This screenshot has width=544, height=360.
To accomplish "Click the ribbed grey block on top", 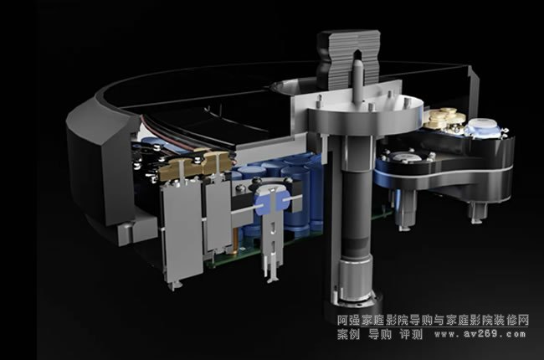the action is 349,59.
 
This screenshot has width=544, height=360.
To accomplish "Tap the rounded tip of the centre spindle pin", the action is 357,63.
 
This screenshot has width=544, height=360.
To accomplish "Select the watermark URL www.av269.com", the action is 480,334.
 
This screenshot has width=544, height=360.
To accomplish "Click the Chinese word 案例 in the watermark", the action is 349,334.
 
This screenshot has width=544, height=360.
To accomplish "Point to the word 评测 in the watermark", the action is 411,334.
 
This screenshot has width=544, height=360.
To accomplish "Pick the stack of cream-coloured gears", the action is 444,118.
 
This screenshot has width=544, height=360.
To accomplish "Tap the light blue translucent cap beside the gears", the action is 482,129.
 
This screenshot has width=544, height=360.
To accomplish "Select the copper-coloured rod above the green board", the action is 237,238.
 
